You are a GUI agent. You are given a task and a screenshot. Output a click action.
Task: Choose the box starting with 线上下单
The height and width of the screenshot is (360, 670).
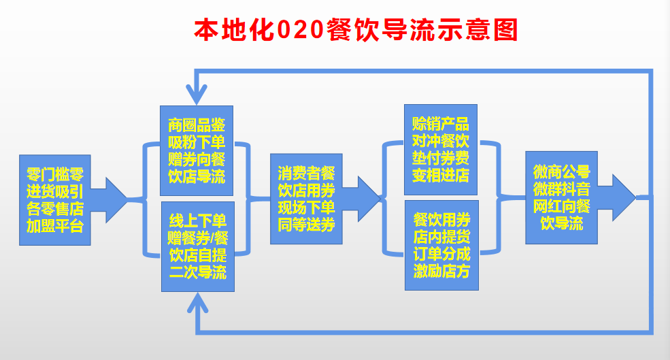(x=197, y=246)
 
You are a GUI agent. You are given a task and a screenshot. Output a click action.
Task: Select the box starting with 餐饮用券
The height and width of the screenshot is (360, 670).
(x=441, y=245)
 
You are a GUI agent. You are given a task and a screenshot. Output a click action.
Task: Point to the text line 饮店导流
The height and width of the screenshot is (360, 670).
(x=197, y=178)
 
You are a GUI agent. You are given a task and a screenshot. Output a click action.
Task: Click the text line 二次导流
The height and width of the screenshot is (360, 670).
(x=197, y=272)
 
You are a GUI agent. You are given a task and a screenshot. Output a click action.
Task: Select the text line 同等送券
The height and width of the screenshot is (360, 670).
(x=306, y=225)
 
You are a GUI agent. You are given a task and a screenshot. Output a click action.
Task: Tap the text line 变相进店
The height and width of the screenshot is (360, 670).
(x=440, y=176)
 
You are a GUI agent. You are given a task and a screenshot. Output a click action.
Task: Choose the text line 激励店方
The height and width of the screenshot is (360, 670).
(x=441, y=272)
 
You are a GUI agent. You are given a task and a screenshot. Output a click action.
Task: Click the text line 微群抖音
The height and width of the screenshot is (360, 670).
(x=561, y=189)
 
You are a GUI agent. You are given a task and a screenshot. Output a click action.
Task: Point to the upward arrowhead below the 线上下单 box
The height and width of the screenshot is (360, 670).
(x=197, y=303)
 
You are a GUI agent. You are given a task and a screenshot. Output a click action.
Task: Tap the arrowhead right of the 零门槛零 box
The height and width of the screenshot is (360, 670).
(x=113, y=198)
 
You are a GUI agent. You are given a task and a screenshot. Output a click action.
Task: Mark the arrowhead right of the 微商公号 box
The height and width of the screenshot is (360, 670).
(x=622, y=197)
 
